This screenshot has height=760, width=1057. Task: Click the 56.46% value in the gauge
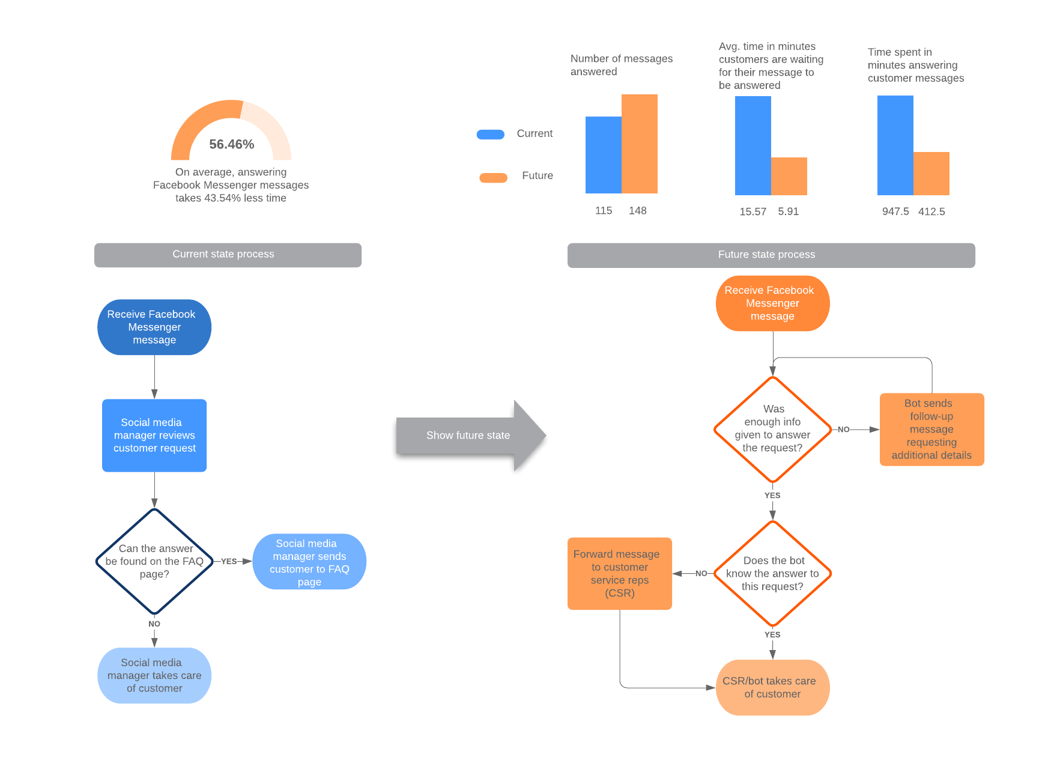pos(231,144)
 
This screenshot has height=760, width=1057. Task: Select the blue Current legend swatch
pos(490,134)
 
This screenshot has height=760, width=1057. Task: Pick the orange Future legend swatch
pos(493,177)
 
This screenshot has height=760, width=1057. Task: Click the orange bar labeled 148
pos(639,144)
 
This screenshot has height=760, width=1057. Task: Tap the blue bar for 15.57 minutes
pos(753,145)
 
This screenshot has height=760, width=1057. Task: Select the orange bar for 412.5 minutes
pos(931,174)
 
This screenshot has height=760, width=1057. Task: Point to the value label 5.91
pos(788,211)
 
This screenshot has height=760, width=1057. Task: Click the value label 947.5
pos(895,211)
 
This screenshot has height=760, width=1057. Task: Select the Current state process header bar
pos(228,255)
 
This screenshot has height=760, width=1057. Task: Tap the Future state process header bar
pos(771,255)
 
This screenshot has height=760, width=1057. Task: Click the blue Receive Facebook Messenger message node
pos(154,327)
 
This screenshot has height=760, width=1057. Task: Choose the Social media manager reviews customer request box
pos(154,436)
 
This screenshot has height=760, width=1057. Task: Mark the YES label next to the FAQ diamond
pos(229,562)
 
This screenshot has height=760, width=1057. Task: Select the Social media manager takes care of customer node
pos(154,675)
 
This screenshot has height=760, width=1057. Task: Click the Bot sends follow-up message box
pos(931,430)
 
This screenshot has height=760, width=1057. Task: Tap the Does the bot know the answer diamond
pos(772,574)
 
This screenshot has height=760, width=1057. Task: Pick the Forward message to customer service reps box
pos(619,574)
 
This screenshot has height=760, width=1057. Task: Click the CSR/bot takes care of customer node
pos(772,688)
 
